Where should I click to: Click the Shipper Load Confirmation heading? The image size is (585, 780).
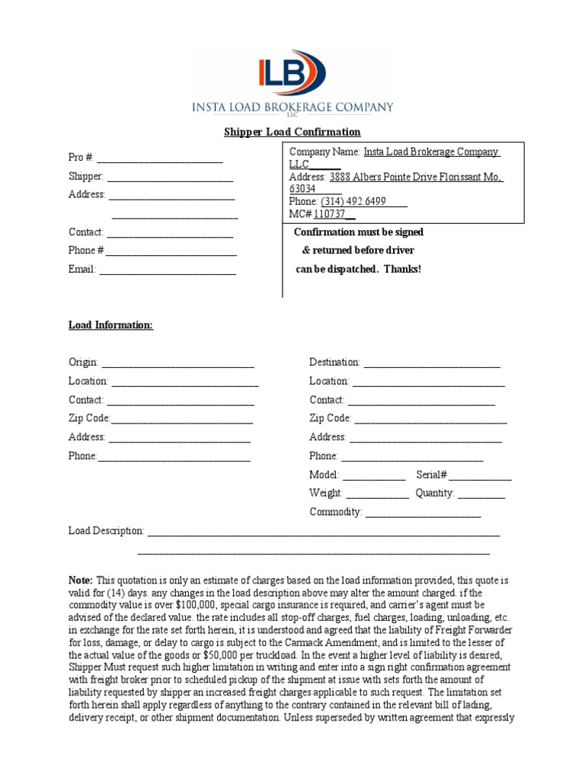pyautogui.click(x=292, y=132)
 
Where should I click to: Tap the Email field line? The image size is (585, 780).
pyautogui.click(x=167, y=270)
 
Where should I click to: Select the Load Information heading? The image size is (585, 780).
pyautogui.click(x=110, y=325)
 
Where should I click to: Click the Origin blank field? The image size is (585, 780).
pyautogui.click(x=177, y=363)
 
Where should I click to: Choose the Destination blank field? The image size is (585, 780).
pyautogui.click(x=432, y=363)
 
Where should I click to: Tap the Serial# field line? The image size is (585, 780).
pyautogui.click(x=480, y=475)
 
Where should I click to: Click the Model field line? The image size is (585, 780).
pyautogui.click(x=374, y=475)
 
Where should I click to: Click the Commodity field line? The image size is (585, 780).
pyautogui.click(x=423, y=513)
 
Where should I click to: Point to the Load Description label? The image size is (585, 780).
pyautogui.click(x=106, y=531)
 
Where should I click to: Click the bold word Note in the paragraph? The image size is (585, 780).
pyautogui.click(x=81, y=580)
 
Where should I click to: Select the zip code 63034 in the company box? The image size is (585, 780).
pyautogui.click(x=302, y=189)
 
